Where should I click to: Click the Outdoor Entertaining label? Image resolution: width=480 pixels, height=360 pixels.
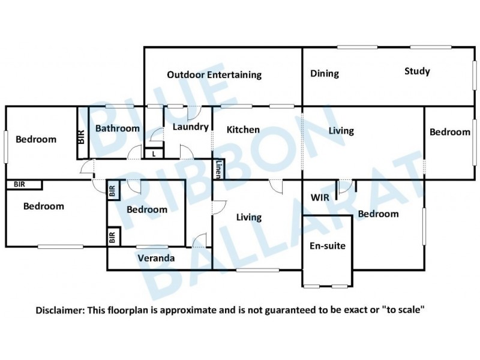pos(214,75)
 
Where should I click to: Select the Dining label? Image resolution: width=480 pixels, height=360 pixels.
pos(325,74)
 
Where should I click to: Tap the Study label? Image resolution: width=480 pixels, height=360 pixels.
pos(417,71)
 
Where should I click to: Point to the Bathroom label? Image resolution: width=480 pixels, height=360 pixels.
pos(118,128)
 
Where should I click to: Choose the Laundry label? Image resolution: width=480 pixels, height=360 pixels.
pos(190,127)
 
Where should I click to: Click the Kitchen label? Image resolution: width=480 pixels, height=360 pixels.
pos(243,130)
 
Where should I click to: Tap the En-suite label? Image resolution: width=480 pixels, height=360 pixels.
pos(327,245)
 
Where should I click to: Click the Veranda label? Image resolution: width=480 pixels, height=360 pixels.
pos(156,259)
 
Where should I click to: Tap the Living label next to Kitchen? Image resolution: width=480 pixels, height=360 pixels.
pos(341,131)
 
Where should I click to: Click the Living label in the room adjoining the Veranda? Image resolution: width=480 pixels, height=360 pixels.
pos(248,218)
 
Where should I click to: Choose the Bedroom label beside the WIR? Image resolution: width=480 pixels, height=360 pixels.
pos(378,214)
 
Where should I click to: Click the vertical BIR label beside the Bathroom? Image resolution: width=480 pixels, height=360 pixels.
pos(82,137)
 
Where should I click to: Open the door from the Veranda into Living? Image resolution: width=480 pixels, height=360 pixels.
pos(199,242)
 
